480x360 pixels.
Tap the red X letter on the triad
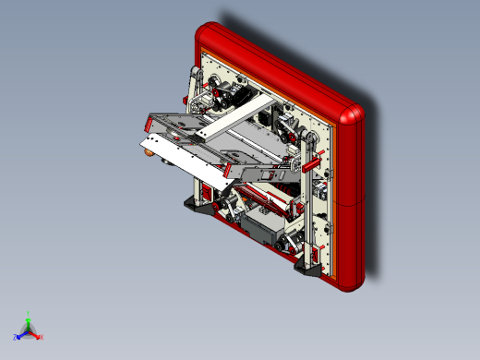tap(42, 337)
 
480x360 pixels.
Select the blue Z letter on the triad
tap(18, 337)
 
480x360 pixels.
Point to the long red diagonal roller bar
tap(268, 195)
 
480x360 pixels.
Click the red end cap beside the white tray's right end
tap(226, 171)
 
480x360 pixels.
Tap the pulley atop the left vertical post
tap(196, 73)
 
